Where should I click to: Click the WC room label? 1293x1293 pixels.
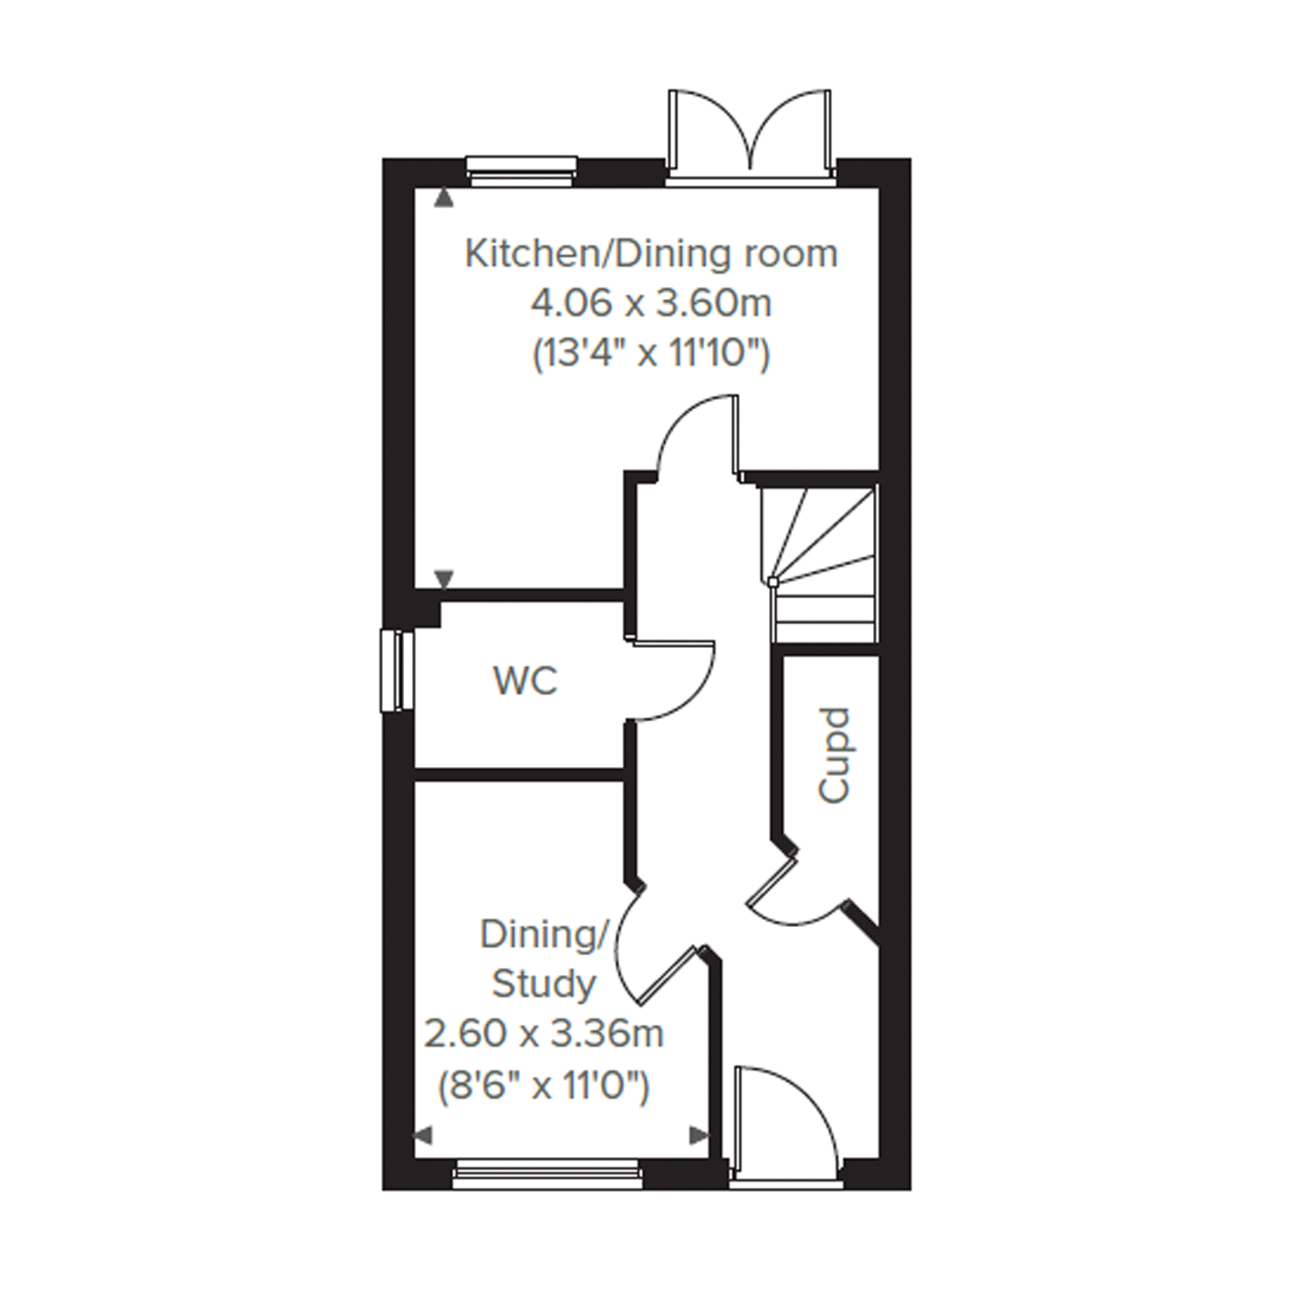pyautogui.click(x=526, y=681)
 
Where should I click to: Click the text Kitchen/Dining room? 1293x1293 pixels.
pyautogui.click(x=651, y=255)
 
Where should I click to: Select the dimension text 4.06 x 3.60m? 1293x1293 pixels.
pyautogui.click(x=651, y=304)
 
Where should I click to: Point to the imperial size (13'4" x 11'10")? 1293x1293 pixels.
pyautogui.click(x=651, y=353)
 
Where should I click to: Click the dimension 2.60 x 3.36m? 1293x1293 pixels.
pyautogui.click(x=544, y=1034)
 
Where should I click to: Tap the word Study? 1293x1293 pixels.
pyautogui.click(x=543, y=985)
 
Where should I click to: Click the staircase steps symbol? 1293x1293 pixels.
pyautogui.click(x=819, y=564)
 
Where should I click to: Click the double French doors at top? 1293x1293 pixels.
pyautogui.click(x=751, y=137)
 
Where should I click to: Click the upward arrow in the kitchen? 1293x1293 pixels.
pyautogui.click(x=443, y=197)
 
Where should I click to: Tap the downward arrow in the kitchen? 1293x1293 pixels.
pyautogui.click(x=444, y=578)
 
